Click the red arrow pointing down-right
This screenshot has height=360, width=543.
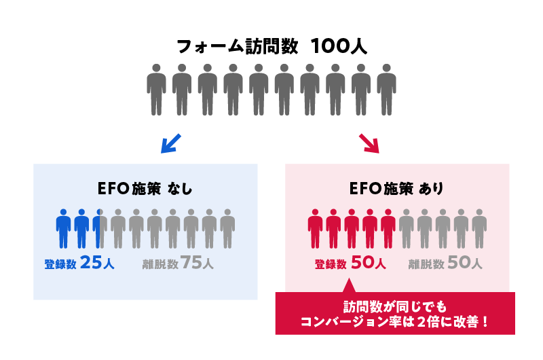point(369,142)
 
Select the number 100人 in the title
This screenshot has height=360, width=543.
point(339,47)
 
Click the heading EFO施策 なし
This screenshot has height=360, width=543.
point(145,190)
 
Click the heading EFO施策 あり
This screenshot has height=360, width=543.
point(396,190)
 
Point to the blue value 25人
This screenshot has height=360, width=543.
point(97,264)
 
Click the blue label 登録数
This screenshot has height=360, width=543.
point(59,264)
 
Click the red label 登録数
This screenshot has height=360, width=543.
point(331,264)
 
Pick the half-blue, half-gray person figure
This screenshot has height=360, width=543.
point(100,228)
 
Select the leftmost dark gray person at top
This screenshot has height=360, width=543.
point(156,88)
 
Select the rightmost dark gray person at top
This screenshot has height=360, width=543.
point(386,88)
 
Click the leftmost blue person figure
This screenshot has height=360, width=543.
point(63,228)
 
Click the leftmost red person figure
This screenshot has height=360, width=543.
point(315,228)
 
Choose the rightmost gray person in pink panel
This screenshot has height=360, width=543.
point(479,228)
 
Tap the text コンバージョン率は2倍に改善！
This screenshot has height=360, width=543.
point(394,321)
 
